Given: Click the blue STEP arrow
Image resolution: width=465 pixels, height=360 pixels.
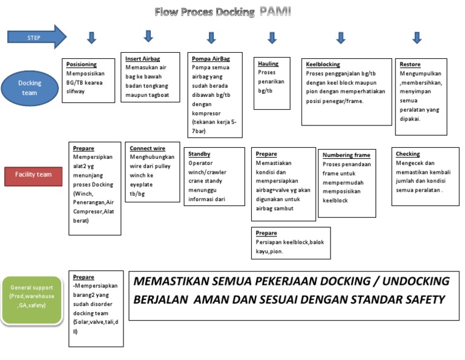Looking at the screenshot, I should point(36,38).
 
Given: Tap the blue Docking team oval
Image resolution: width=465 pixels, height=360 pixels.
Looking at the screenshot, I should point(29,88).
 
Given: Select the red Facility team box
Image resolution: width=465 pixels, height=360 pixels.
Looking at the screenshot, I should point(34,175).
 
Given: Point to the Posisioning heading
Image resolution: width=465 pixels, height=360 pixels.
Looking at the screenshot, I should point(81,64).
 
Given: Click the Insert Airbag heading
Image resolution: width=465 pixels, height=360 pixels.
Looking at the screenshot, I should point(142,59).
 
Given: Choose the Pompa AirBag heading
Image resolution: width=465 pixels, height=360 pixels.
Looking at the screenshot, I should point(209,59).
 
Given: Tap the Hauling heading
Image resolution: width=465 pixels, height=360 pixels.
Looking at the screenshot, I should point(268,64).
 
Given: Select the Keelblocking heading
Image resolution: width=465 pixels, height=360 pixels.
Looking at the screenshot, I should point(323,64).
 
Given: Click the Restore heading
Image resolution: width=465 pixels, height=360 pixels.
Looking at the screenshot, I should point(410,64).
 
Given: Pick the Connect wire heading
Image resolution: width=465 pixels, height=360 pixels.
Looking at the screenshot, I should point(148,148).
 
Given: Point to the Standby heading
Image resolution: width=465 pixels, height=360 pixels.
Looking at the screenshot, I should point(199,154).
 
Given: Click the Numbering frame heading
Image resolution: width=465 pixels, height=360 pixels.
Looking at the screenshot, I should point(346,155).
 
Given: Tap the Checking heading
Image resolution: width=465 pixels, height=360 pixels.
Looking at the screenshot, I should point(407,154).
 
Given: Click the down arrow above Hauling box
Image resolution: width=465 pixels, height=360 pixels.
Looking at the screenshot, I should point(272,38).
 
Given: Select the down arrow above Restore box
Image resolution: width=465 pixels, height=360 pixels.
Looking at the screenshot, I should point(417,38).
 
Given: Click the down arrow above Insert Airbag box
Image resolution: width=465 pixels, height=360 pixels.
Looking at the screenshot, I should point(148,36).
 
